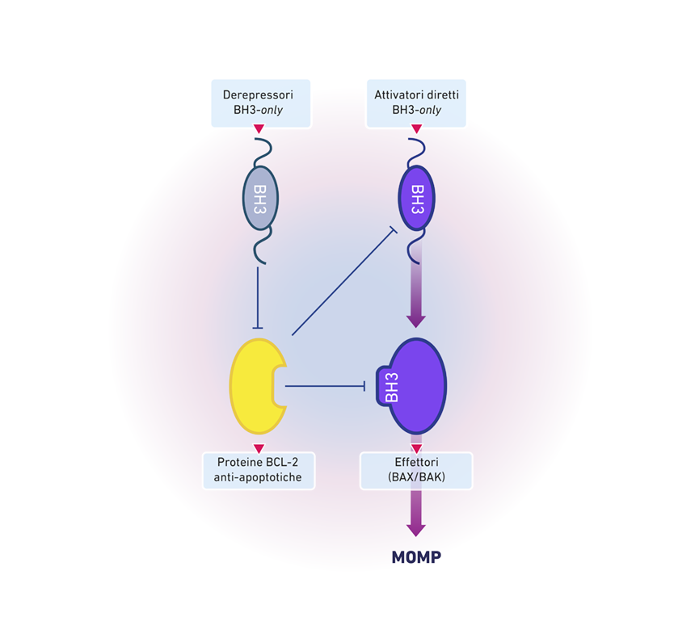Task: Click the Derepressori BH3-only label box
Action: (x=260, y=103)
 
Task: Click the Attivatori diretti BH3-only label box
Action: (x=416, y=103)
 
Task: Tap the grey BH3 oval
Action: (x=260, y=198)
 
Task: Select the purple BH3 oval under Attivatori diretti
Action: (x=417, y=198)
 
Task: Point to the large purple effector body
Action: (x=419, y=386)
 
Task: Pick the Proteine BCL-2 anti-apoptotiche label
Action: (x=259, y=470)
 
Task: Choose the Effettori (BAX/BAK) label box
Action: (x=416, y=470)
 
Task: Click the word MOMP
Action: (x=416, y=557)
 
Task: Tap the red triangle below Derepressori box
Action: (x=259, y=129)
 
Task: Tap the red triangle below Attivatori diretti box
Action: (x=416, y=129)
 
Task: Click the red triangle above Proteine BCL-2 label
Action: (x=259, y=448)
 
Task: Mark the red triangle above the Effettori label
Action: (x=416, y=448)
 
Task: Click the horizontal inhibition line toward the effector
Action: (x=325, y=386)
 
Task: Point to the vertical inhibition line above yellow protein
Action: (x=258, y=297)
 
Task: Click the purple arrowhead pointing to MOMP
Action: (x=416, y=530)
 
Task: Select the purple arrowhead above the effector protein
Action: (x=416, y=321)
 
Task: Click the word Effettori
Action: (x=416, y=462)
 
